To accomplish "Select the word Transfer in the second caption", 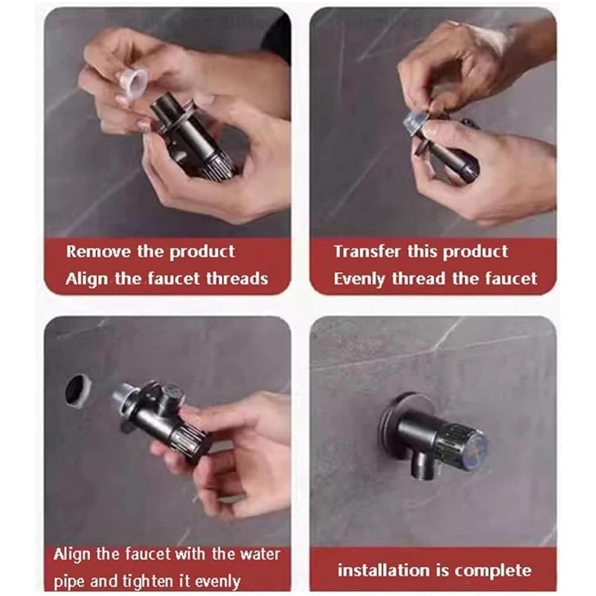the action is tap(367, 251).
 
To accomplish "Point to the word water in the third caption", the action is tap(260, 554).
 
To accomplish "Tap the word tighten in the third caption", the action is tap(147, 581).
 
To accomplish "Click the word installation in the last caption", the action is tap(382, 570).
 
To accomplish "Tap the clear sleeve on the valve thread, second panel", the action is tap(416, 122).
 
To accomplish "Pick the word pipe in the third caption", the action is tap(69, 582).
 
